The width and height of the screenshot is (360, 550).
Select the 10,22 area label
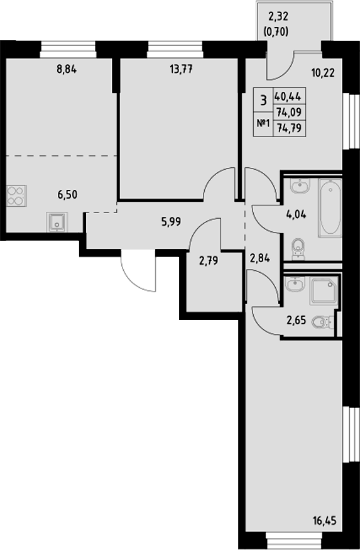pyautogui.click(x=322, y=71)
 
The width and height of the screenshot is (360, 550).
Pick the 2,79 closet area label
pyautogui.click(x=209, y=260)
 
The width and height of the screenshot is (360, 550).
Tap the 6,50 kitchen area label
pyautogui.click(x=67, y=194)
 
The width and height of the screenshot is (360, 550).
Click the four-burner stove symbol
pyautogui.click(x=16, y=195)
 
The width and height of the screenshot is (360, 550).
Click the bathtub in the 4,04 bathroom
pyautogui.click(x=329, y=209)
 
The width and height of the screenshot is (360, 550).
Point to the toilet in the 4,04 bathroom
pyautogui.click(x=299, y=248)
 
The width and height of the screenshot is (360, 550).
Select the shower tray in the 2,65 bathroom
pyautogui.click(x=324, y=291)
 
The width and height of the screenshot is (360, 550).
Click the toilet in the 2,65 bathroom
pyautogui.click(x=322, y=322)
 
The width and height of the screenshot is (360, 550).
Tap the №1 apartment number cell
pyautogui.click(x=263, y=124)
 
